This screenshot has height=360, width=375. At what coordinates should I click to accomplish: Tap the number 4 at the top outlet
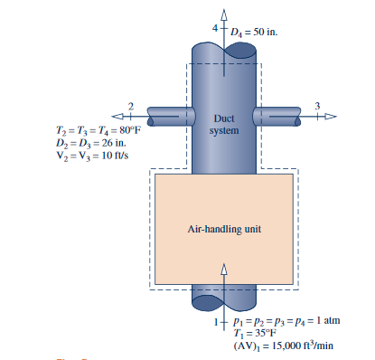pyautogui.click(x=214, y=29)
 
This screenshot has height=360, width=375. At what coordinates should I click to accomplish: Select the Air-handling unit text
pyautogui.click(x=224, y=229)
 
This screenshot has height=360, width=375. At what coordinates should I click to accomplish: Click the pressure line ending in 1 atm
pyautogui.click(x=282, y=320)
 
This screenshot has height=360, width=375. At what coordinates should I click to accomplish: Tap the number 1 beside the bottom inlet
pyautogui.click(x=215, y=321)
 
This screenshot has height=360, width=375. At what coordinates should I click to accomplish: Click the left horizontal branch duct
pyautogui.click(x=168, y=117)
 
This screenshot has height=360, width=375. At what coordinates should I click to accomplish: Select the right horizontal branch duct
pyautogui.click(x=279, y=117)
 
